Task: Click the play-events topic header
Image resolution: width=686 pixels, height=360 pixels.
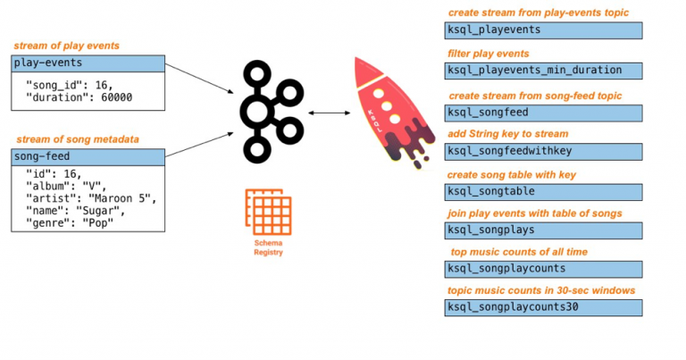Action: [x=88, y=63]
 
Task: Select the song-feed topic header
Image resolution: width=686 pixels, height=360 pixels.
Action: [x=88, y=157]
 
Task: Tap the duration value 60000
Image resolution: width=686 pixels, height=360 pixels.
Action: [x=116, y=97]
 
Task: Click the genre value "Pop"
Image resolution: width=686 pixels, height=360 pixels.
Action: [x=98, y=223]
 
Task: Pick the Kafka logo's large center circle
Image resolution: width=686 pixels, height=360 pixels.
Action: [x=257, y=112]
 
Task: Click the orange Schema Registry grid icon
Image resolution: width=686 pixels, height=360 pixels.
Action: [x=268, y=212]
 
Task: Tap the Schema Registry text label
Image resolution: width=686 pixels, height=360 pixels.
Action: [x=268, y=247]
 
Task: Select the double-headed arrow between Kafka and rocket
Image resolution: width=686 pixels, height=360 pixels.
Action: [x=330, y=113]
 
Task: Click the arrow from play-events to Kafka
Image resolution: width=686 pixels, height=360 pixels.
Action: [x=199, y=79]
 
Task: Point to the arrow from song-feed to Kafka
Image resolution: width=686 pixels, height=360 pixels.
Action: [x=199, y=145]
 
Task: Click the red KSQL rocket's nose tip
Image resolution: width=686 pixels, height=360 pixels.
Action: [x=356, y=58]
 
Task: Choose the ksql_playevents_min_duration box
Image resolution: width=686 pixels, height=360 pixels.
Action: [x=543, y=71]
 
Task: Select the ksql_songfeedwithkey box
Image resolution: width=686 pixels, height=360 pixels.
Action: [x=543, y=152]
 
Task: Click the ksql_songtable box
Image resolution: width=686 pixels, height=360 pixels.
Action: [x=543, y=192]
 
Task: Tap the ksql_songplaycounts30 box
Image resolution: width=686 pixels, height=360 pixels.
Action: [x=543, y=307]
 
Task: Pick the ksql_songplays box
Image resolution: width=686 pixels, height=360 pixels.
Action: [x=543, y=230]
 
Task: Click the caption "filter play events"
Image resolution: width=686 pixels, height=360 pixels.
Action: [x=489, y=54]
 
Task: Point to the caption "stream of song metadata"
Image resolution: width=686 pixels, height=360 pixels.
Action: [x=78, y=139]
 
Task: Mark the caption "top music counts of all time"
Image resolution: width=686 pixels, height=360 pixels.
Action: [x=519, y=252]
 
